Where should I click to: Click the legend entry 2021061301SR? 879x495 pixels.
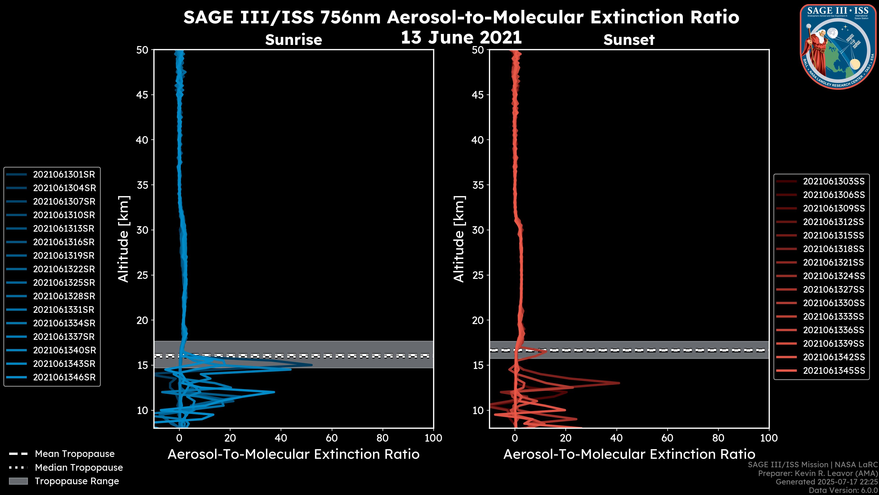64,175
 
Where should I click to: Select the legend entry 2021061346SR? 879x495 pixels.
64,377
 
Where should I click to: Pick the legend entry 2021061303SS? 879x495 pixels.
834,181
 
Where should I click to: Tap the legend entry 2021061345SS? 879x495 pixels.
834,371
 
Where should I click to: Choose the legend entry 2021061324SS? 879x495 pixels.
834,276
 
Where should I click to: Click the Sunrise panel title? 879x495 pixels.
293,40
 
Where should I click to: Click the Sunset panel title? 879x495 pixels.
629,40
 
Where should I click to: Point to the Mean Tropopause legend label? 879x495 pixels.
75,454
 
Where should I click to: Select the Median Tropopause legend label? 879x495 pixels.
79,468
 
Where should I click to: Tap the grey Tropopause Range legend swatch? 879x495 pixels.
18,481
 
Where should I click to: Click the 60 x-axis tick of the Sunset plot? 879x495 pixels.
667,438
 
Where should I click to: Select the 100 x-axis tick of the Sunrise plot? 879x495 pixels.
433,438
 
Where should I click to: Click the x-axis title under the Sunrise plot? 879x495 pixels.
293,454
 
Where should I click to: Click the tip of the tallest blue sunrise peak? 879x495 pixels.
312,365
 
